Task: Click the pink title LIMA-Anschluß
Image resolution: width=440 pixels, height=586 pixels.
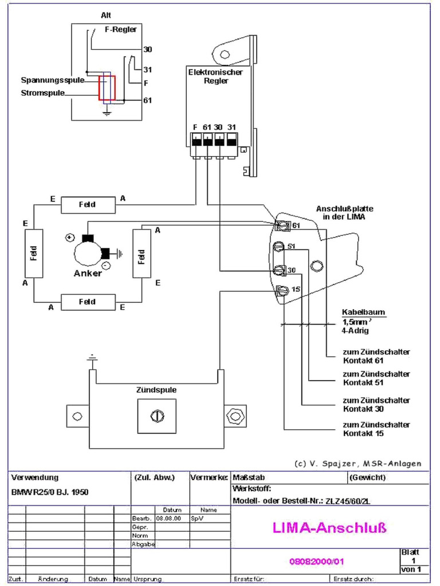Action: click(328, 528)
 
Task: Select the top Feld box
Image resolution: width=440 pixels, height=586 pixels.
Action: click(88, 204)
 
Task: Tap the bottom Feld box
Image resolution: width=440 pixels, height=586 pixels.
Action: click(88, 302)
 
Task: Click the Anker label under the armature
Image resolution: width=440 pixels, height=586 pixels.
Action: click(88, 273)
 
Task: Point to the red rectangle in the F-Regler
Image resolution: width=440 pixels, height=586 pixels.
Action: click(107, 89)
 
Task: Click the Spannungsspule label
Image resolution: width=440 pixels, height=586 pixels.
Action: click(53, 80)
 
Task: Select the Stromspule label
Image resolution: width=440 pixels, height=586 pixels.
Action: click(43, 92)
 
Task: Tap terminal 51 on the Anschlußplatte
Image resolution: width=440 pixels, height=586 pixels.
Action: click(280, 247)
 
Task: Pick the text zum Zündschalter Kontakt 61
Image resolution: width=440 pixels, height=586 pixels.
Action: click(376, 356)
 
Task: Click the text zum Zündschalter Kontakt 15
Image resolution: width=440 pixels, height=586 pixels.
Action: click(376, 429)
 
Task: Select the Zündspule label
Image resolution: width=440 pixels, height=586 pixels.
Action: click(156, 390)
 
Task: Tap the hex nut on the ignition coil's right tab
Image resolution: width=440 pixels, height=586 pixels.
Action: click(233, 416)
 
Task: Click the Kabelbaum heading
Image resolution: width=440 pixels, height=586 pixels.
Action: click(364, 312)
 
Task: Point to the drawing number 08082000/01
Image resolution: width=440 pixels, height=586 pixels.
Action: click(317, 561)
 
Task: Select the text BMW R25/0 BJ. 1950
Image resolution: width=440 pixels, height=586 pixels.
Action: click(50, 492)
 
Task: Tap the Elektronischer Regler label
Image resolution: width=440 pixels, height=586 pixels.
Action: click(215, 77)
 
